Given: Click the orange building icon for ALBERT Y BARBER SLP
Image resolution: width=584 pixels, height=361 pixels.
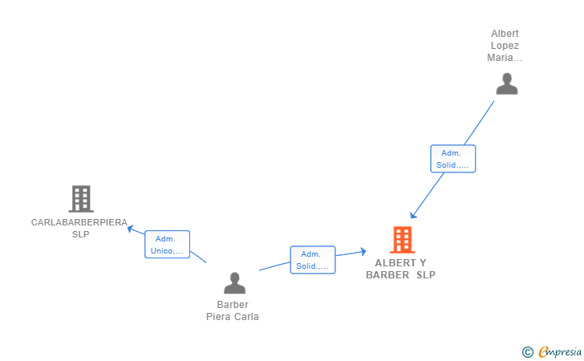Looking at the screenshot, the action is point(403,240).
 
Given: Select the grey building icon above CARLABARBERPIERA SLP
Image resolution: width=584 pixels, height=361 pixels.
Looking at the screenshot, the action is point(81,199).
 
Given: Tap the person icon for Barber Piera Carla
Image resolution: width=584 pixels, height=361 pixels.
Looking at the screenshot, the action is point(234,282).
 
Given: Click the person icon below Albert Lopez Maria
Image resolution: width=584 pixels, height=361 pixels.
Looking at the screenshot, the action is point(507,83).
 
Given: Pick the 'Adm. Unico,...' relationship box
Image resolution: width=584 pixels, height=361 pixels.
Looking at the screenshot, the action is point(167,245).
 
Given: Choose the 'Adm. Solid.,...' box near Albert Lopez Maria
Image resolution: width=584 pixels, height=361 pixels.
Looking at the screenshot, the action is point(453,159).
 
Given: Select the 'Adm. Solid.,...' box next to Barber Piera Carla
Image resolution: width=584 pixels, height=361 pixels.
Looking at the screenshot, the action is point(313,260).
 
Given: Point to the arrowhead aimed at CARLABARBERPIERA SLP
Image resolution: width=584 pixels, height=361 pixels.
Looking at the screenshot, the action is point(130,229).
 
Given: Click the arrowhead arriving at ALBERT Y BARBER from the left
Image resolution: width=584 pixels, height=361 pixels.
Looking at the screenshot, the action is point(363,252).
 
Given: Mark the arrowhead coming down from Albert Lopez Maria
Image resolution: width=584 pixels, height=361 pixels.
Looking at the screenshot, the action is point(412,215).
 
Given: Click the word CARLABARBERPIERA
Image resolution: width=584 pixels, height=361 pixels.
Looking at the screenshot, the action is point(79,222).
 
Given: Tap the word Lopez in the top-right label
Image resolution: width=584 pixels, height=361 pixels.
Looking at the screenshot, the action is point(505,46).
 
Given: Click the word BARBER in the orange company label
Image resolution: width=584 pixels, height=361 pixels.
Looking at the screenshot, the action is point(387,275).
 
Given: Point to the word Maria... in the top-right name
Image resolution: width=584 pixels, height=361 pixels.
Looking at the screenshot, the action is point(505,58).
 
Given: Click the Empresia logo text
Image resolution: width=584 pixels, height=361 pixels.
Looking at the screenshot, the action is point(560,351).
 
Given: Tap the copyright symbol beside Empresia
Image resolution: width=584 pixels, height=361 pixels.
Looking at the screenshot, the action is point(528,352).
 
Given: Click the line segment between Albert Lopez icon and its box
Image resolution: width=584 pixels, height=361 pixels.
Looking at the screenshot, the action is point(479,123).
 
